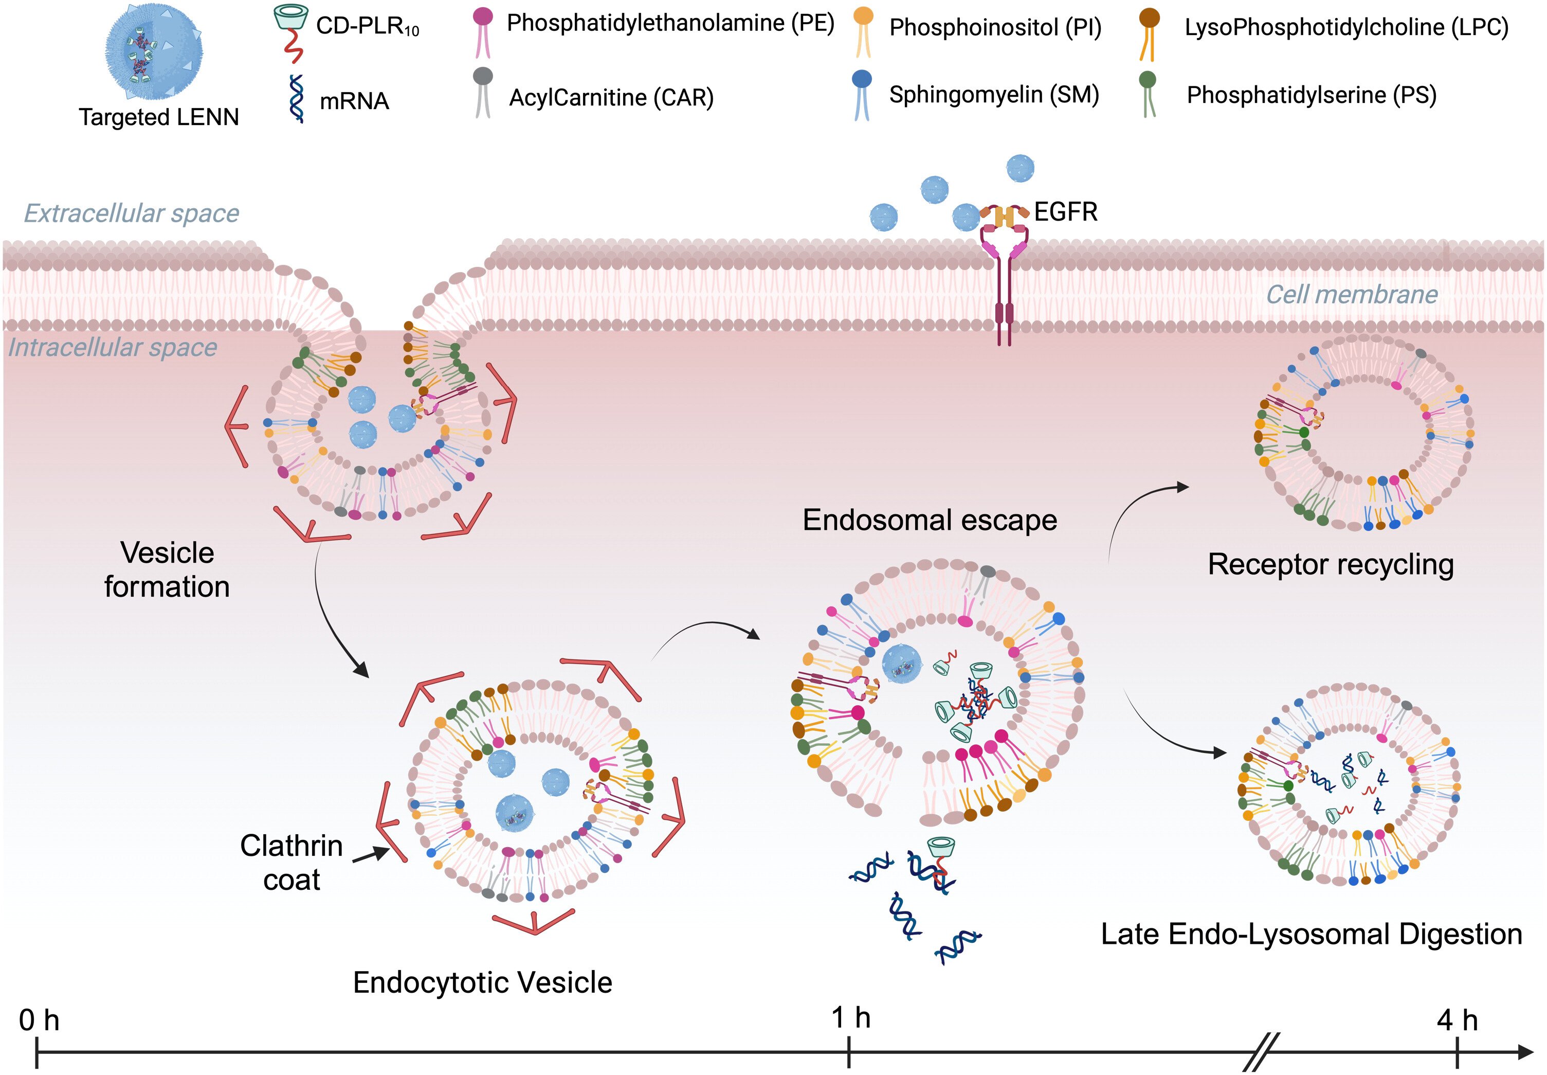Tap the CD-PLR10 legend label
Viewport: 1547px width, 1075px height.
pos(368,27)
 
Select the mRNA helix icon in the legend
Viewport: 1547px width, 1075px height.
pos(296,98)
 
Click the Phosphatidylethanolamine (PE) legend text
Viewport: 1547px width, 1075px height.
pos(670,24)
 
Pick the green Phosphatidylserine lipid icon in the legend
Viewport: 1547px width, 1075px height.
pos(1148,94)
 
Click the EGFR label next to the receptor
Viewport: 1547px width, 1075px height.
pos(1066,212)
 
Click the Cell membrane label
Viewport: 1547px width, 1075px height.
pos(1352,294)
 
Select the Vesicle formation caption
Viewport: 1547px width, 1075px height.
pos(167,570)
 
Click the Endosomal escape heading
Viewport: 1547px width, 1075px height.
pos(930,521)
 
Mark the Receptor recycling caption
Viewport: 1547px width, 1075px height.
pos(1330,564)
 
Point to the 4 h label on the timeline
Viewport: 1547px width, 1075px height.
pos(1457,1021)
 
